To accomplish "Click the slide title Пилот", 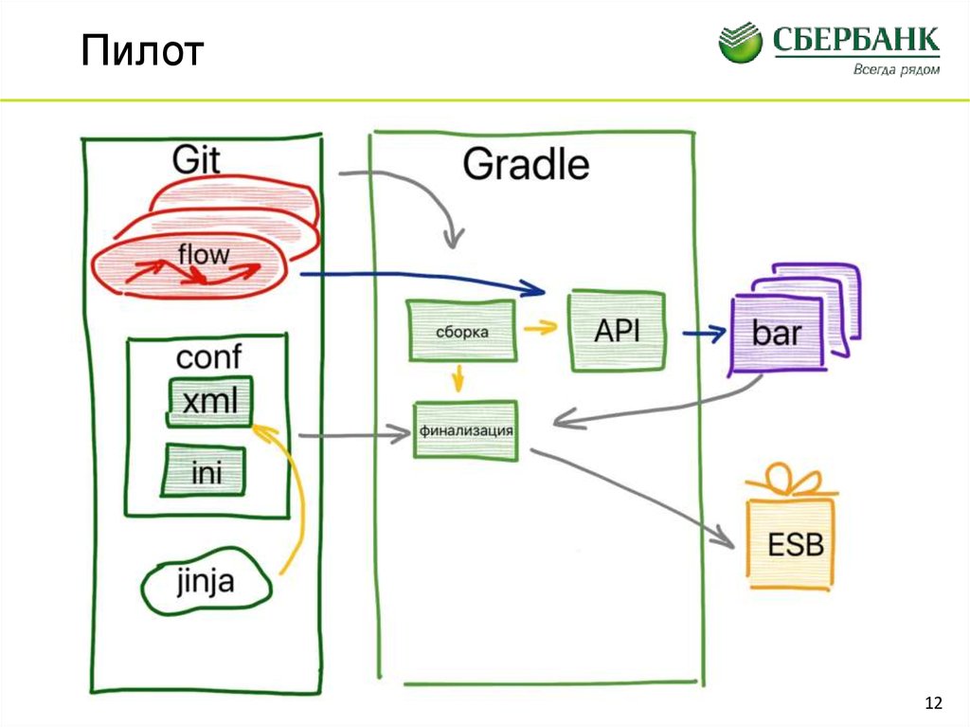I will pos(141,52).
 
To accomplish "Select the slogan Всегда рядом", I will pos(896,69).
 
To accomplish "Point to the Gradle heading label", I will pos(526,165).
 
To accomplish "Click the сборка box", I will pos(462,332).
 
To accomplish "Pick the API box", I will pos(617,331).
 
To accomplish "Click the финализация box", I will pos(465,431).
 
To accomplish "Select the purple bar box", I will pos(776,333).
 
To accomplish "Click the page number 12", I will pos(933,702).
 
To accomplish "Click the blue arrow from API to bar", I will pos(702,333).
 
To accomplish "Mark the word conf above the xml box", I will pos(208,357).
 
